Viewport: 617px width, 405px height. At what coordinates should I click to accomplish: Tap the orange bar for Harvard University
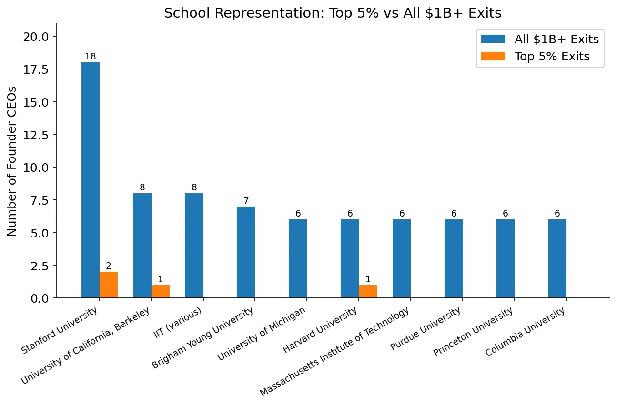[368, 291]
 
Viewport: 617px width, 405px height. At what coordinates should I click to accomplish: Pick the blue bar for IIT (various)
[194, 245]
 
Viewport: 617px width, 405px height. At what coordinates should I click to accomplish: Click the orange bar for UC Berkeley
[161, 291]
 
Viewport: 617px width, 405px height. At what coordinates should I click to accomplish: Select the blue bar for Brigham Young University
[246, 252]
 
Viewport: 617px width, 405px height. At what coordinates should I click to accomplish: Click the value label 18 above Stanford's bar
[91, 57]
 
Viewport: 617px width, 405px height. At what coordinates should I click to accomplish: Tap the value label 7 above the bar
[246, 201]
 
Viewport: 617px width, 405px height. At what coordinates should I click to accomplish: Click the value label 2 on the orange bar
[109, 266]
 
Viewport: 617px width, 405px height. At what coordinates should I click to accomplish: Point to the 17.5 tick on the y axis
[37, 69]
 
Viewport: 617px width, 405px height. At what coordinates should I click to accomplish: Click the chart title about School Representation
[333, 13]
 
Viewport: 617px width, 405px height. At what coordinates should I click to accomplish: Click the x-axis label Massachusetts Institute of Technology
[335, 352]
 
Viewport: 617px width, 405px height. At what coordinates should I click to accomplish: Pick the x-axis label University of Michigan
[262, 334]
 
